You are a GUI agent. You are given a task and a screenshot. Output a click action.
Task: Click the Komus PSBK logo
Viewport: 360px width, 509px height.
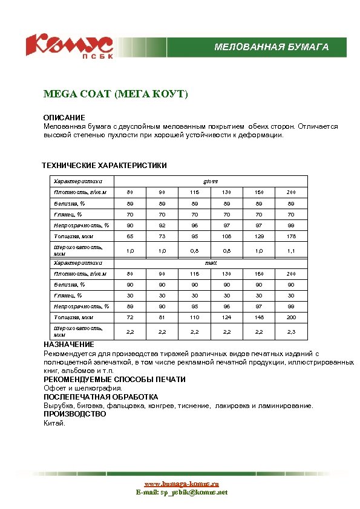[x=69, y=46]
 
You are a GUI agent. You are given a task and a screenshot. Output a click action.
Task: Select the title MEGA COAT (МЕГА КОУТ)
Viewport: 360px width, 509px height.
[x=116, y=94]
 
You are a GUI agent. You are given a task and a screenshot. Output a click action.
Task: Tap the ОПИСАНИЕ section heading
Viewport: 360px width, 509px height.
[x=64, y=117]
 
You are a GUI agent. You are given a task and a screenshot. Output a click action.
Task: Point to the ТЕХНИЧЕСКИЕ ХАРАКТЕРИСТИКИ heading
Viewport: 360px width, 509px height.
[x=104, y=165]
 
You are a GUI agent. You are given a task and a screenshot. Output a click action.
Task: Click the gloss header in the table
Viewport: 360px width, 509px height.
[x=211, y=181]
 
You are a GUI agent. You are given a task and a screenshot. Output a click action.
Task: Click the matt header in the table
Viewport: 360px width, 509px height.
[x=211, y=263]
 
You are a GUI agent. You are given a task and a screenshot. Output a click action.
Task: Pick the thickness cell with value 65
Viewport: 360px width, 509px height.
[x=130, y=236]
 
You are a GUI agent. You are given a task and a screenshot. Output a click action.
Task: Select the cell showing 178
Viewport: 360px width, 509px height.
[x=291, y=236]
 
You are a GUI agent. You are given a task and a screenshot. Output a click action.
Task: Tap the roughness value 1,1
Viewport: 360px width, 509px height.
[x=291, y=250]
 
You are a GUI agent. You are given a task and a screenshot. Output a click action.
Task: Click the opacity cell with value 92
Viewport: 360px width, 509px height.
[x=162, y=225]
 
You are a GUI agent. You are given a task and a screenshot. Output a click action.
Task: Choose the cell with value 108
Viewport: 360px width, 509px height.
[x=226, y=236]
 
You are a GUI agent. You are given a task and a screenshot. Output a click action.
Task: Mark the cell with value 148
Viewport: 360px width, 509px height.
[x=259, y=317]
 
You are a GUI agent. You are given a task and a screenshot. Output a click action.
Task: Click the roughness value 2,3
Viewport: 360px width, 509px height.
[x=291, y=331]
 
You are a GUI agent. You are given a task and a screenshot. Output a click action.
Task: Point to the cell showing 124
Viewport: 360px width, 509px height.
[x=226, y=317]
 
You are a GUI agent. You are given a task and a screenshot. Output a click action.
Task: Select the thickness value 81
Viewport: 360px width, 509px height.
[x=162, y=317]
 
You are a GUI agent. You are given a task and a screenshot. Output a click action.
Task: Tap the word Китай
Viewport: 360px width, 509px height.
[x=54, y=423]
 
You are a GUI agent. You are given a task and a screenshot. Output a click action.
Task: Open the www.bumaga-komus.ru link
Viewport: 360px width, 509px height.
[x=181, y=484]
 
